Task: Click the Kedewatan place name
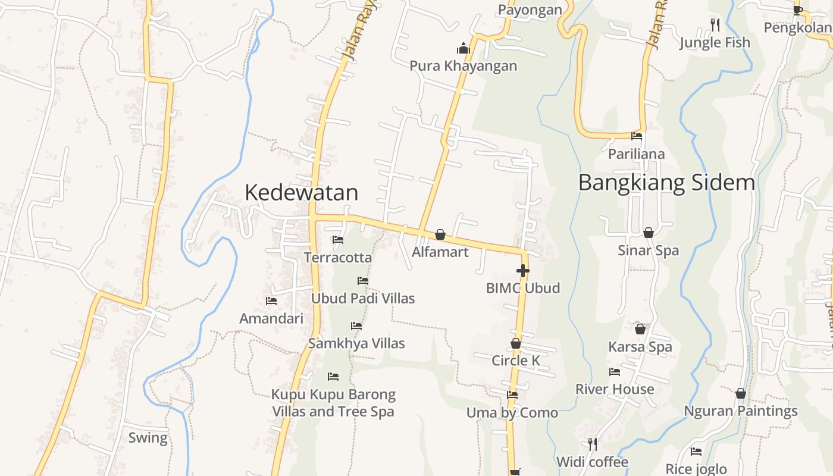click(301, 192)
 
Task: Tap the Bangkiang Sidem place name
click(666, 182)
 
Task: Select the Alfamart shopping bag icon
click(440, 234)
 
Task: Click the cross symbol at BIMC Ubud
click(523, 271)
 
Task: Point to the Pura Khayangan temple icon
click(463, 48)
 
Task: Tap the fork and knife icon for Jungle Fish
click(715, 25)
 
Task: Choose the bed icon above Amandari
click(271, 301)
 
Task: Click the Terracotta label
click(338, 258)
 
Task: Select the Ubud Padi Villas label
click(363, 298)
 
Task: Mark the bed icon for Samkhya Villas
click(356, 326)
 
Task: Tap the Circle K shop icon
click(516, 343)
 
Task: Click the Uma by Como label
click(512, 412)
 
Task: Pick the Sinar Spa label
click(648, 250)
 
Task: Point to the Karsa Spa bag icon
click(640, 328)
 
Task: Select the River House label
click(615, 389)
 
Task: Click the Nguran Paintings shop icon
click(741, 393)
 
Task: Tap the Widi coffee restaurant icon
click(592, 444)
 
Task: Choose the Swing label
click(148, 438)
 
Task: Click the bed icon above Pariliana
click(637, 136)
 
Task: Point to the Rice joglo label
click(696, 469)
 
